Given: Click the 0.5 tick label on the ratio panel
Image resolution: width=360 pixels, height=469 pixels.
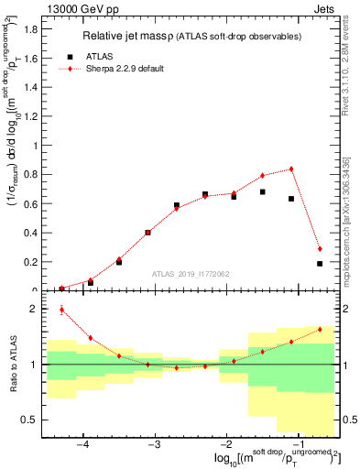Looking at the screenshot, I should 30,420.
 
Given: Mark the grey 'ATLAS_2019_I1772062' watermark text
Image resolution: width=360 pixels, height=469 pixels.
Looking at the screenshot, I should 191,274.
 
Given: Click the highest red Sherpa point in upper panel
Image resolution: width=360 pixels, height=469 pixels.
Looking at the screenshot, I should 291,169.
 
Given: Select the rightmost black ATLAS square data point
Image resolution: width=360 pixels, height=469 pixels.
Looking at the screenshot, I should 320,264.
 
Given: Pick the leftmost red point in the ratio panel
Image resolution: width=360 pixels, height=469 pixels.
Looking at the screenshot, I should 61,310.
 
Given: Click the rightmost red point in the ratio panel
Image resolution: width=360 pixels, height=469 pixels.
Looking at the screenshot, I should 320,330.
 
